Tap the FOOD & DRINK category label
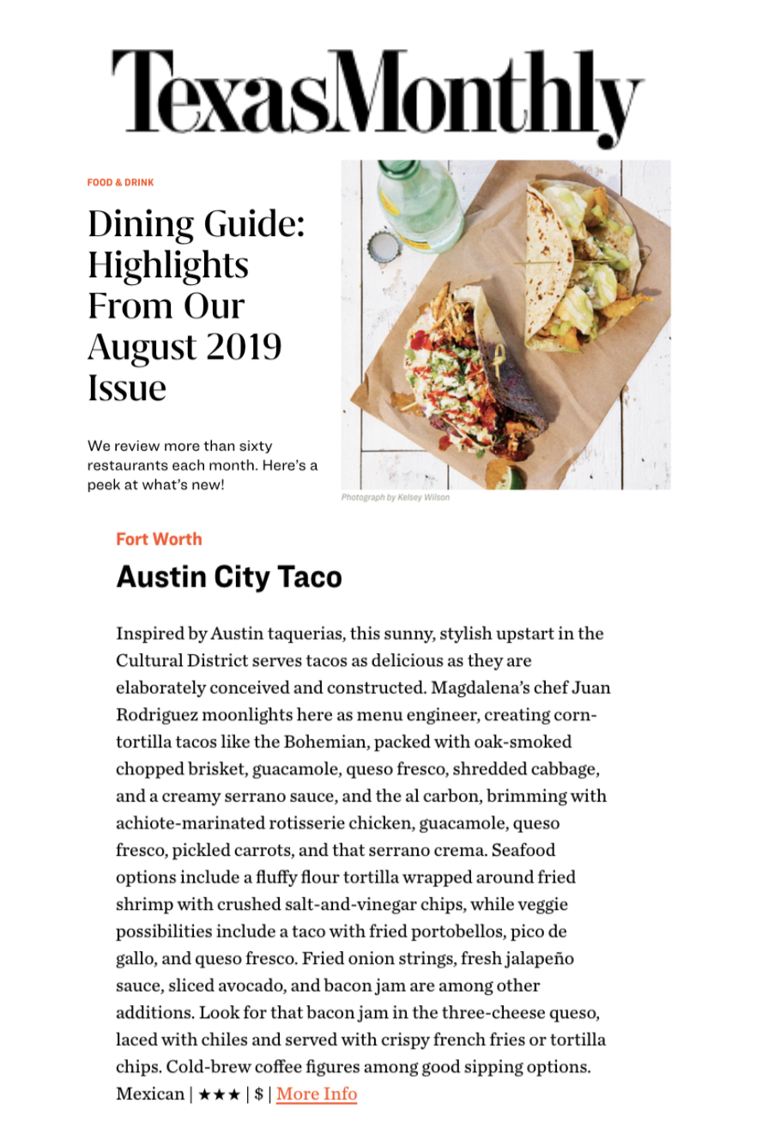click(120, 183)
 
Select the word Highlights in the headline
click(168, 265)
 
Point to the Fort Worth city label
click(159, 539)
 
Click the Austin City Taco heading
click(229, 577)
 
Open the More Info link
click(317, 1094)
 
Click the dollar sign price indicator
click(258, 1094)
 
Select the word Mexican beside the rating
click(149, 1094)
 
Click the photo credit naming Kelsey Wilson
click(395, 497)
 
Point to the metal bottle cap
click(384, 248)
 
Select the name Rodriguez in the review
click(155, 715)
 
